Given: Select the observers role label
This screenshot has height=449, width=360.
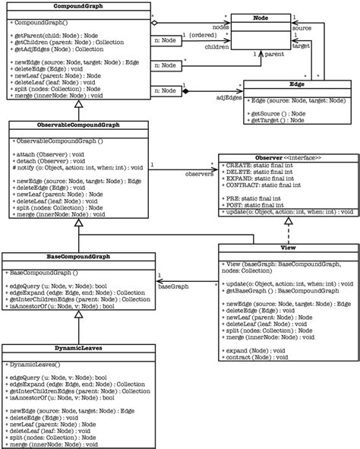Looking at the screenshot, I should (199, 173).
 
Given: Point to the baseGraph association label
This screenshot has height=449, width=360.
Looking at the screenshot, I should (172, 288).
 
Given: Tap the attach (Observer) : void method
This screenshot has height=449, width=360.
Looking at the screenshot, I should (47, 154).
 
